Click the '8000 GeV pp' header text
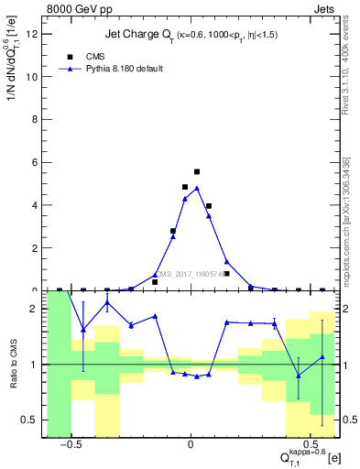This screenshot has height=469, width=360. coord(76,7)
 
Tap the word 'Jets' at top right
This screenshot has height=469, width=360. coord(324,7)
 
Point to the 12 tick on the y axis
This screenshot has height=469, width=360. coord(36,34)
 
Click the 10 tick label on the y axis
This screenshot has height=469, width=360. coord(36,77)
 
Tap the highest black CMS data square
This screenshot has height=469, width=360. coord(197,171)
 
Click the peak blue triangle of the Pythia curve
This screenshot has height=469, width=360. coord(197,189)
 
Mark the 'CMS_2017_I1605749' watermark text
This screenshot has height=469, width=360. coord(191,273)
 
